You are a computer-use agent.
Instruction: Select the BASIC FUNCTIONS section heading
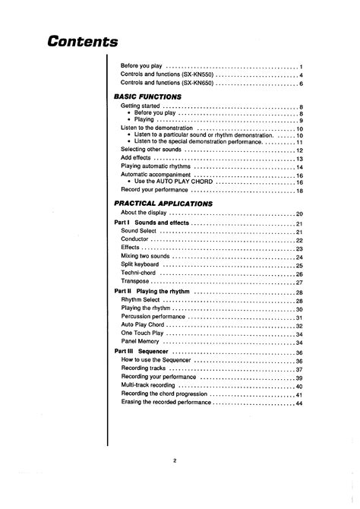(x=147, y=97)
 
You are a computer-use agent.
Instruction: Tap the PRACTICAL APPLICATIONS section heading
(x=163, y=204)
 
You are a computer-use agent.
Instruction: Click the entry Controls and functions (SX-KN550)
(x=166, y=75)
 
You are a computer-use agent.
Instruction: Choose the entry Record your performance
(x=155, y=191)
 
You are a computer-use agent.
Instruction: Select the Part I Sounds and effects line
(x=151, y=223)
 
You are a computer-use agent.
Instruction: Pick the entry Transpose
(x=135, y=283)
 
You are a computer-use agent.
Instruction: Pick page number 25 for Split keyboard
(x=299, y=266)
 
